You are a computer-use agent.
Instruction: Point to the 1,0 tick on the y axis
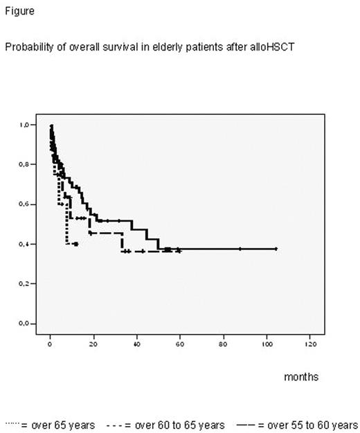coord(25,125)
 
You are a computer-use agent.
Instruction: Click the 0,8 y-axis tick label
coord(25,165)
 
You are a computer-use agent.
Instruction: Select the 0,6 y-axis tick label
coord(25,204)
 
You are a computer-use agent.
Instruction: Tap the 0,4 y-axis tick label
coord(25,244)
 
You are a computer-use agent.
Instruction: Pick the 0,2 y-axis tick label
coord(25,284)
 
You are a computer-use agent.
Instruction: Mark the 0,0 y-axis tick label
coord(25,324)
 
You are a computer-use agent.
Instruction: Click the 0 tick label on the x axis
coord(51,342)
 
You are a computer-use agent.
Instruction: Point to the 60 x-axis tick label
coord(180,342)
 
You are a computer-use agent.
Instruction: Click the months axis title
coord(301,377)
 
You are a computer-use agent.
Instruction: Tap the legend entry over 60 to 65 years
coord(174,424)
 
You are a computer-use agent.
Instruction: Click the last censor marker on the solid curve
coord(276,249)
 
